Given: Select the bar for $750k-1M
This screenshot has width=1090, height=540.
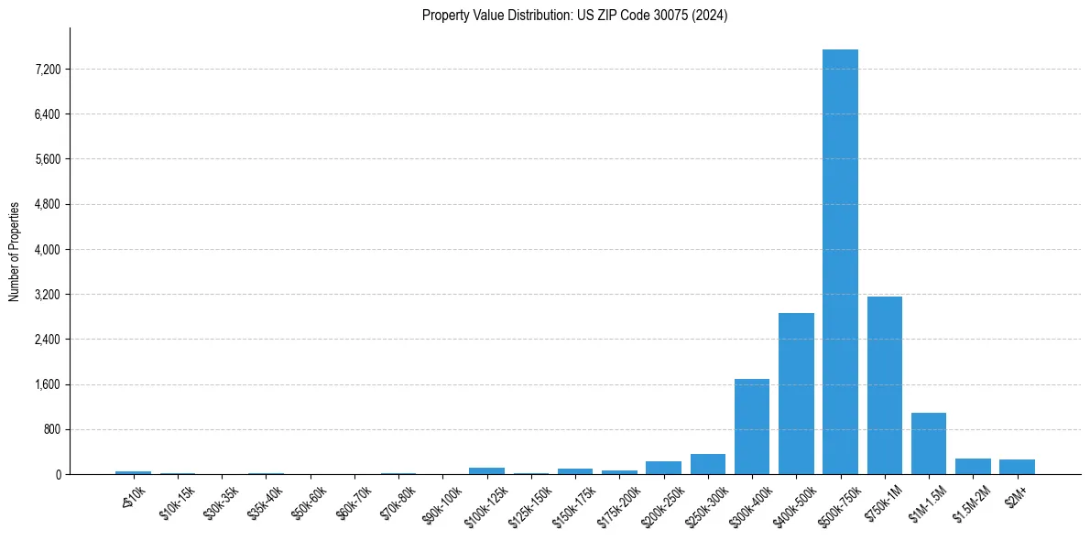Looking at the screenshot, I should pyautogui.click(x=884, y=385).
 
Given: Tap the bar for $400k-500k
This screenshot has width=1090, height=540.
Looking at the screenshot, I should pyautogui.click(x=796, y=394).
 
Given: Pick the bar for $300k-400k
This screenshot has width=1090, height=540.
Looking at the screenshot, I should pyautogui.click(x=752, y=427).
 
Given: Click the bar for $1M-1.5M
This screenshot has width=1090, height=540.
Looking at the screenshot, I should pyautogui.click(x=928, y=444).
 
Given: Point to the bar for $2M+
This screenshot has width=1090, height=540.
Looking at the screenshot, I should pyautogui.click(x=1017, y=467).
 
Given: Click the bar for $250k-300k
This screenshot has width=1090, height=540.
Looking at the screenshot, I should pyautogui.click(x=707, y=464).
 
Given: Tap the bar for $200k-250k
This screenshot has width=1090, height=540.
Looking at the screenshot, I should pyautogui.click(x=663, y=468).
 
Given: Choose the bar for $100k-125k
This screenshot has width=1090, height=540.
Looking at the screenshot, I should pyautogui.click(x=486, y=470).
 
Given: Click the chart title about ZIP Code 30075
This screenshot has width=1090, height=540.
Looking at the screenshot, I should pyautogui.click(x=574, y=16).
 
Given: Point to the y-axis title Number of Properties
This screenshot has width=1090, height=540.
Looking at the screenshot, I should pyautogui.click(x=15, y=252).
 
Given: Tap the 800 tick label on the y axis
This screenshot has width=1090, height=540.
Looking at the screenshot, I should pyautogui.click(x=51, y=429).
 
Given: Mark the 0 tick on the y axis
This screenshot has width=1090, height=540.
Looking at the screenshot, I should pyautogui.click(x=57, y=474).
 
